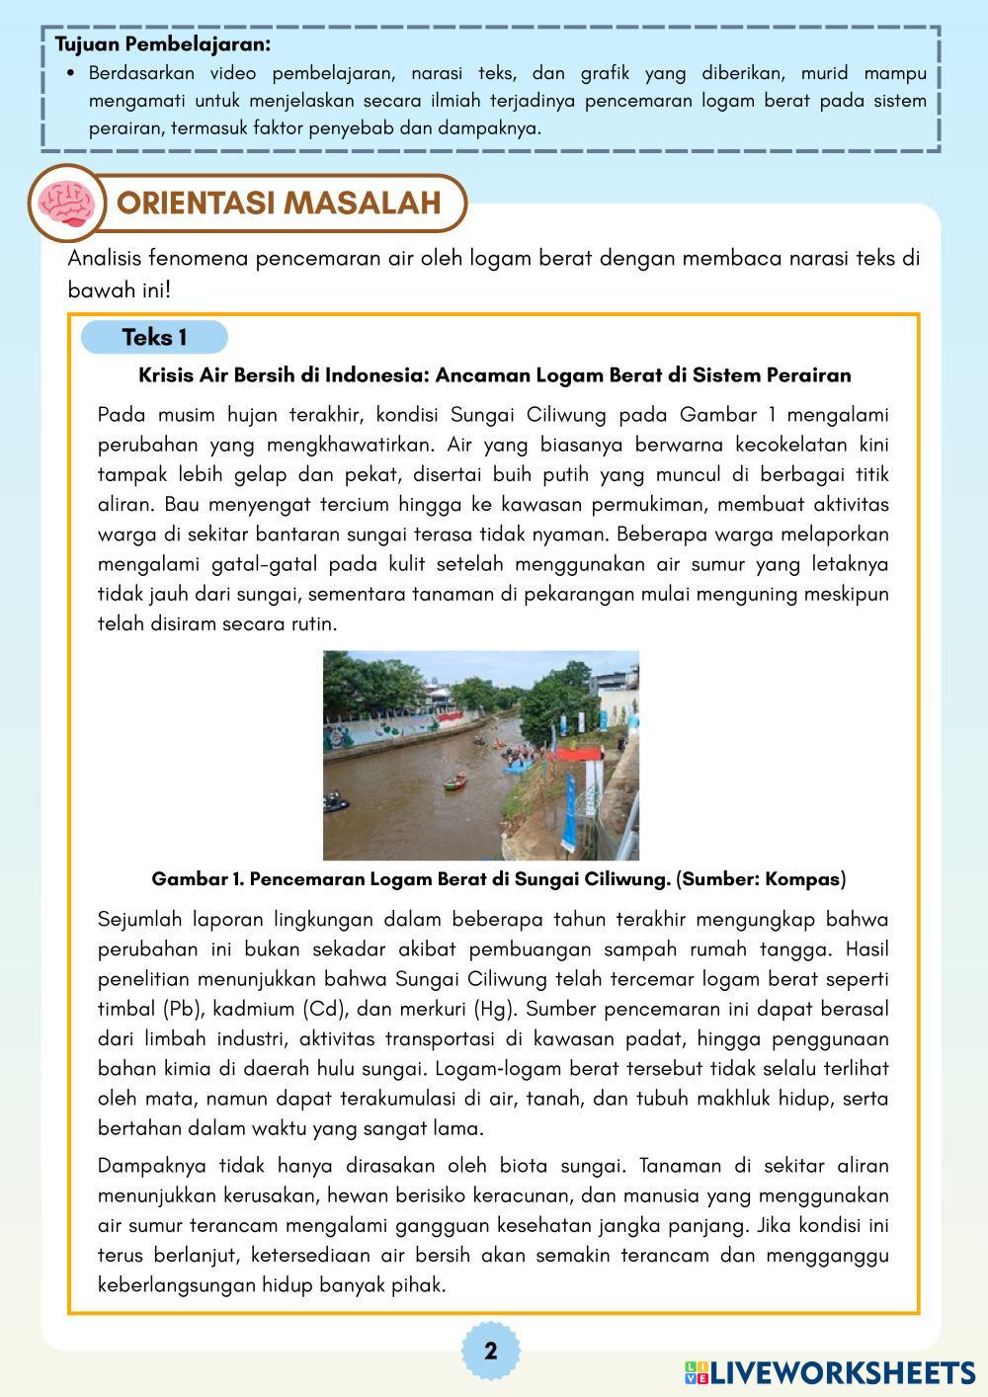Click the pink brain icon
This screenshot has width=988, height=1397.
coord(65,203)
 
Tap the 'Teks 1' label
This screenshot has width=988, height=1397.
coord(154,338)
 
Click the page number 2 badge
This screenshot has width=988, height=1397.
coord(491,1351)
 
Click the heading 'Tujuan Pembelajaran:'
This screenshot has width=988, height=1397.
coord(162,44)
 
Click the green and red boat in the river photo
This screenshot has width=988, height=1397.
coord(455,782)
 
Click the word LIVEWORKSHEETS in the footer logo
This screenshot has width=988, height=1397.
coord(843,1372)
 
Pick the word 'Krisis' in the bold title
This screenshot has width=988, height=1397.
coord(166,375)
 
